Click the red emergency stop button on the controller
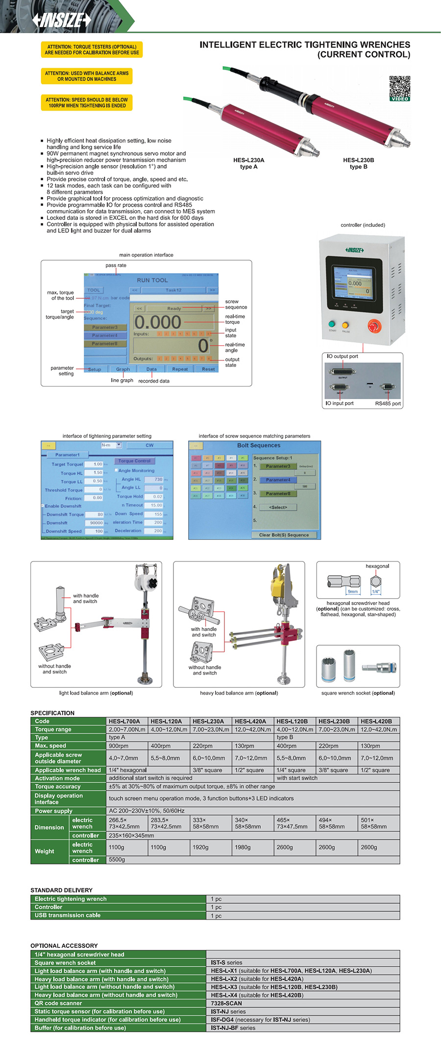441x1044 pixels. (x=374, y=326)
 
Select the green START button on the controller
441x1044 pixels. (x=332, y=324)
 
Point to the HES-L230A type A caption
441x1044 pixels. (x=248, y=163)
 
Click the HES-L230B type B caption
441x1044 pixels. (x=358, y=163)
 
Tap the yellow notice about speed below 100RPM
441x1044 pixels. (x=87, y=102)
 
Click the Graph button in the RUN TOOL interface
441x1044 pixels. (x=123, y=369)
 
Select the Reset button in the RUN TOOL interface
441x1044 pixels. (x=208, y=369)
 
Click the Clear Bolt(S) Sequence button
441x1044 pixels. (x=284, y=535)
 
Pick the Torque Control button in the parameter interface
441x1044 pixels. (x=134, y=461)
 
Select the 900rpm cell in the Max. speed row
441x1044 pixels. (x=119, y=746)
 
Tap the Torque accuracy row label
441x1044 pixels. (x=57, y=786)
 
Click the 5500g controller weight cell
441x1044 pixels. (x=117, y=859)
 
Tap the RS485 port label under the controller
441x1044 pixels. (x=388, y=404)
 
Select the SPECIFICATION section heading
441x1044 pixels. (x=52, y=713)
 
